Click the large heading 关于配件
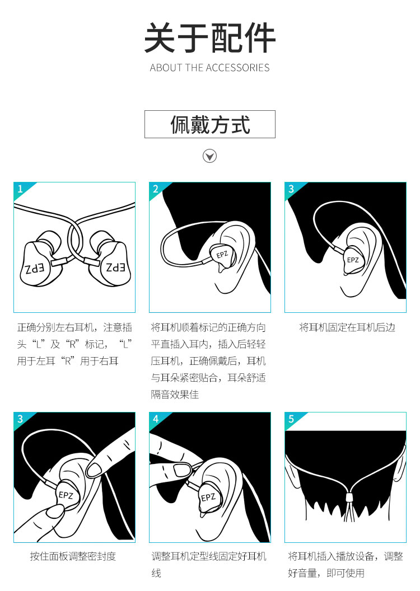pos(209,37)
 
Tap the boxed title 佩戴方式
pos(210,124)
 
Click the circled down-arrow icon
pos(209,156)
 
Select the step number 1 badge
pos(20,189)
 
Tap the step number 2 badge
pos(156,189)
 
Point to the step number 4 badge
pos(156,419)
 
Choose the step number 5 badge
pos(291,419)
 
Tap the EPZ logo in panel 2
pos(222,255)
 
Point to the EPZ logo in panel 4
pos(208,498)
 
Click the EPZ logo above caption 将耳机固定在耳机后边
pos(353,260)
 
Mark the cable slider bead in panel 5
pos(349,496)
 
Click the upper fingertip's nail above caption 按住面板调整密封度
pos(94,469)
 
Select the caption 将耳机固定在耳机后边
pos(347,327)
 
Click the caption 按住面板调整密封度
pos(73,556)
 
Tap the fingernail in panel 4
pos(182,469)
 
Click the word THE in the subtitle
pos(194,68)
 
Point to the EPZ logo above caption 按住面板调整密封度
pos(66,495)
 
